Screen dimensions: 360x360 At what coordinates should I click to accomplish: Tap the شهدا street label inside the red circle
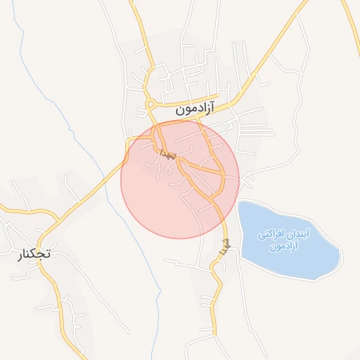point(166,153)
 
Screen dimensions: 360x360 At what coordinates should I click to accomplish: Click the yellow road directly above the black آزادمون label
point(190,98)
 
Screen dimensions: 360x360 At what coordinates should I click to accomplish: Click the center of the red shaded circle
point(180,179)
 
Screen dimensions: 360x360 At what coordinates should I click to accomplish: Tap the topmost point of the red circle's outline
point(180,120)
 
